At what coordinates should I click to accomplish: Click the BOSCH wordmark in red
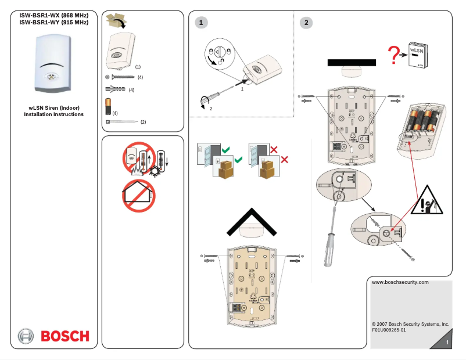click(x=64, y=336)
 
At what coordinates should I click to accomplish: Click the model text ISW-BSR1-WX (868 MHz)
click(x=54, y=15)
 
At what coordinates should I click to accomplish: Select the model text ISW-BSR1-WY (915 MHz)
click(x=54, y=23)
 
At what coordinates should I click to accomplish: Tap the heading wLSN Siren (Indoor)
click(x=54, y=108)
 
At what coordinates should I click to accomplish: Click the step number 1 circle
click(x=201, y=23)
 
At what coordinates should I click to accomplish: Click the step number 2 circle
click(x=306, y=23)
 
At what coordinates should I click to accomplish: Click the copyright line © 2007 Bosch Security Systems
click(x=410, y=323)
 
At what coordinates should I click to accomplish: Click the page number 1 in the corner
click(x=447, y=343)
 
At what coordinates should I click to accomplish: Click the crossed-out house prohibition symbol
click(x=138, y=195)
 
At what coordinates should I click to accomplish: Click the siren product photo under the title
click(x=54, y=64)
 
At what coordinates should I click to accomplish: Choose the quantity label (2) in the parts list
click(x=143, y=122)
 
